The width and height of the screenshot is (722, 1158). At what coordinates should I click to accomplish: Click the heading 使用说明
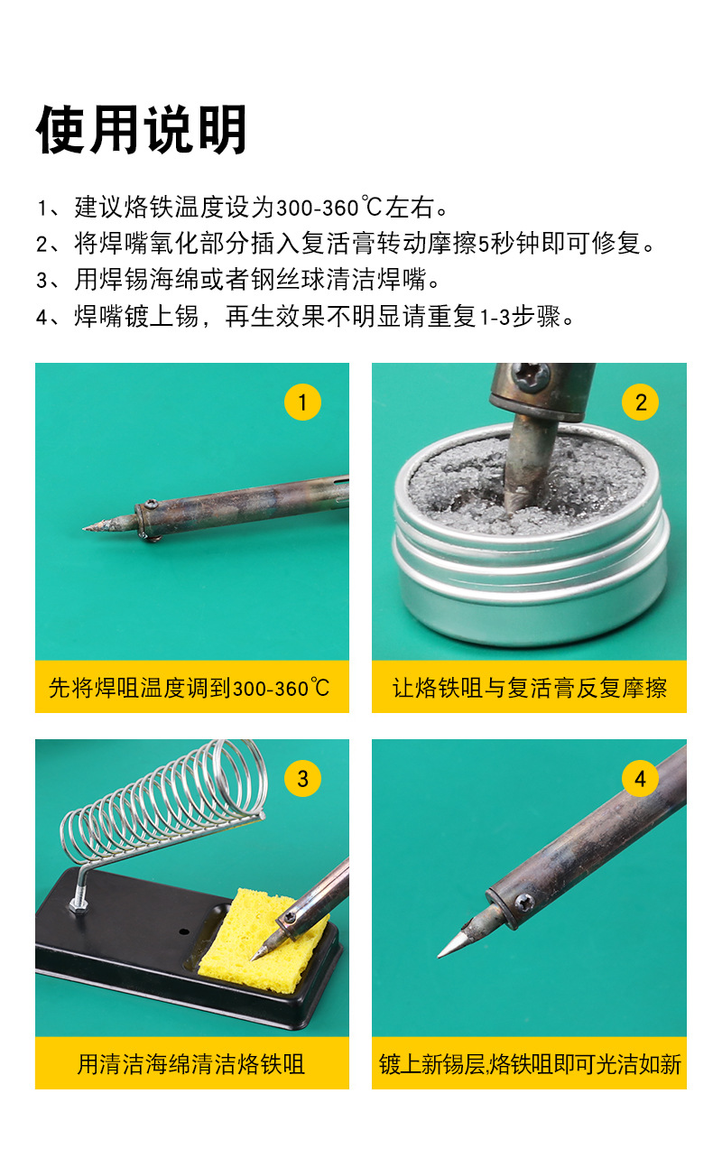(142, 131)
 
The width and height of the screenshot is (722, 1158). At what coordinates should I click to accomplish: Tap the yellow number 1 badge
(302, 402)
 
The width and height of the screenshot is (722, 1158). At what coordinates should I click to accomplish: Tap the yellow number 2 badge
(641, 402)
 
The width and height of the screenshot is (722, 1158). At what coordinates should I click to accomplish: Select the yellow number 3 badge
(302, 778)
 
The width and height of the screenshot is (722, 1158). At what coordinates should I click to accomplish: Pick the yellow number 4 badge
(641, 778)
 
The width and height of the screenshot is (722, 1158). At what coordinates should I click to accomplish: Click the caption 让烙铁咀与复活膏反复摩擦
(529, 689)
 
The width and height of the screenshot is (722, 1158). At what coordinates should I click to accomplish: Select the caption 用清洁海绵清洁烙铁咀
(191, 1064)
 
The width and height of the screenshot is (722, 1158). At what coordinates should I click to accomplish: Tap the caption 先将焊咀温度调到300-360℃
(191, 689)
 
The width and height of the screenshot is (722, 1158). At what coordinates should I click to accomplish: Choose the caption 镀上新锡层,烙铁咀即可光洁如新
(529, 1064)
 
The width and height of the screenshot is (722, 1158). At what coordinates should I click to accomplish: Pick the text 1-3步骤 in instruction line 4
(518, 317)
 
